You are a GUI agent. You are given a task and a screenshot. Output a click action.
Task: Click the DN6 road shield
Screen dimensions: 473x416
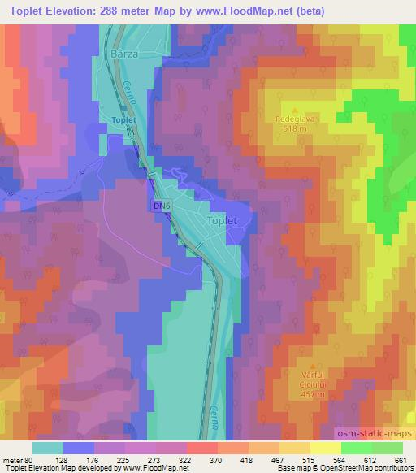[x=162, y=207]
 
